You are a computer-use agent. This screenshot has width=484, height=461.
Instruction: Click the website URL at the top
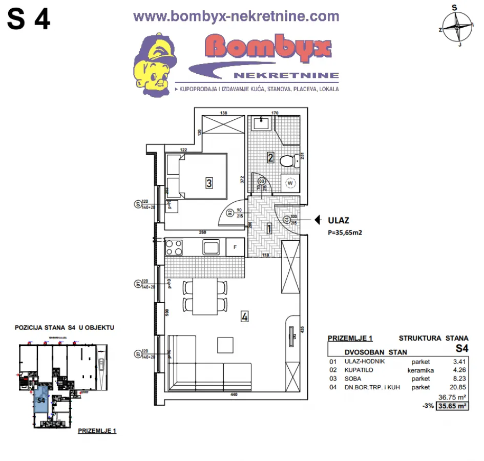pyautogui.click(x=236, y=16)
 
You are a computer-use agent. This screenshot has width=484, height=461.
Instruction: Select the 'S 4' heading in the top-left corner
pyautogui.click(x=29, y=20)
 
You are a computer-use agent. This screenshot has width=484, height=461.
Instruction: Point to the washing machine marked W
pyautogui.click(x=290, y=183)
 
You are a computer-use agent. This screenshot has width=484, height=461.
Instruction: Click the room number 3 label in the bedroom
pyautogui.click(x=209, y=182)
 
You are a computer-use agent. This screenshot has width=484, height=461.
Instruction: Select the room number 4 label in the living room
pyautogui.click(x=245, y=317)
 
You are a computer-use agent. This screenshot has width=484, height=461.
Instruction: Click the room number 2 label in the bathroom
pyautogui.click(x=270, y=158)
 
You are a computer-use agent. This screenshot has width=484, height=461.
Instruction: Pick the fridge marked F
pyautogui.click(x=235, y=247)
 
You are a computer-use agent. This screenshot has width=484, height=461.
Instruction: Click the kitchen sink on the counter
pyautogui.click(x=211, y=247)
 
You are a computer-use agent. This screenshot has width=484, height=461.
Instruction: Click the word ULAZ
pyautogui.click(x=338, y=221)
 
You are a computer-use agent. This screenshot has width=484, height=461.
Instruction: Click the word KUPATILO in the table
pyautogui.click(x=359, y=370)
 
